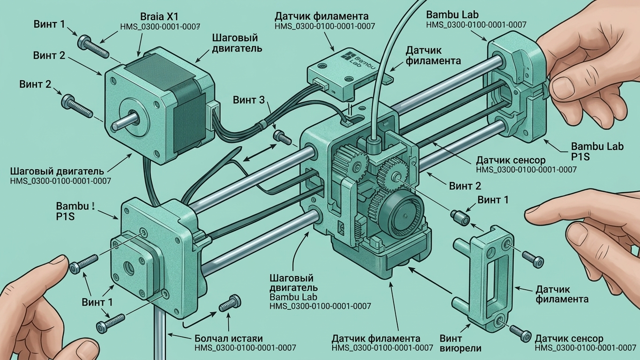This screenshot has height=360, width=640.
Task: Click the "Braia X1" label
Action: [x=160, y=16]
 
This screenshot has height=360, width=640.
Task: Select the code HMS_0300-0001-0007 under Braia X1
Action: [x=160, y=27]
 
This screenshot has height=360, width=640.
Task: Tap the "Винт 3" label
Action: [x=249, y=100]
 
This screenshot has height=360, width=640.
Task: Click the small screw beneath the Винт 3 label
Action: [x=283, y=137]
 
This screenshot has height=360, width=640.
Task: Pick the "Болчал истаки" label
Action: [x=229, y=338]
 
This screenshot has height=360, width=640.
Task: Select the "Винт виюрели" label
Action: [x=460, y=344]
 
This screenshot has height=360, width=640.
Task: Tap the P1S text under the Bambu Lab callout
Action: [x=580, y=157]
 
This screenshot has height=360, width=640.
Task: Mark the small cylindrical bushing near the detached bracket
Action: [x=460, y=217]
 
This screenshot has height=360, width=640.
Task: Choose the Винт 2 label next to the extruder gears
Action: [x=465, y=186]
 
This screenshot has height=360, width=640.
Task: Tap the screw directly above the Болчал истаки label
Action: [x=230, y=303]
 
